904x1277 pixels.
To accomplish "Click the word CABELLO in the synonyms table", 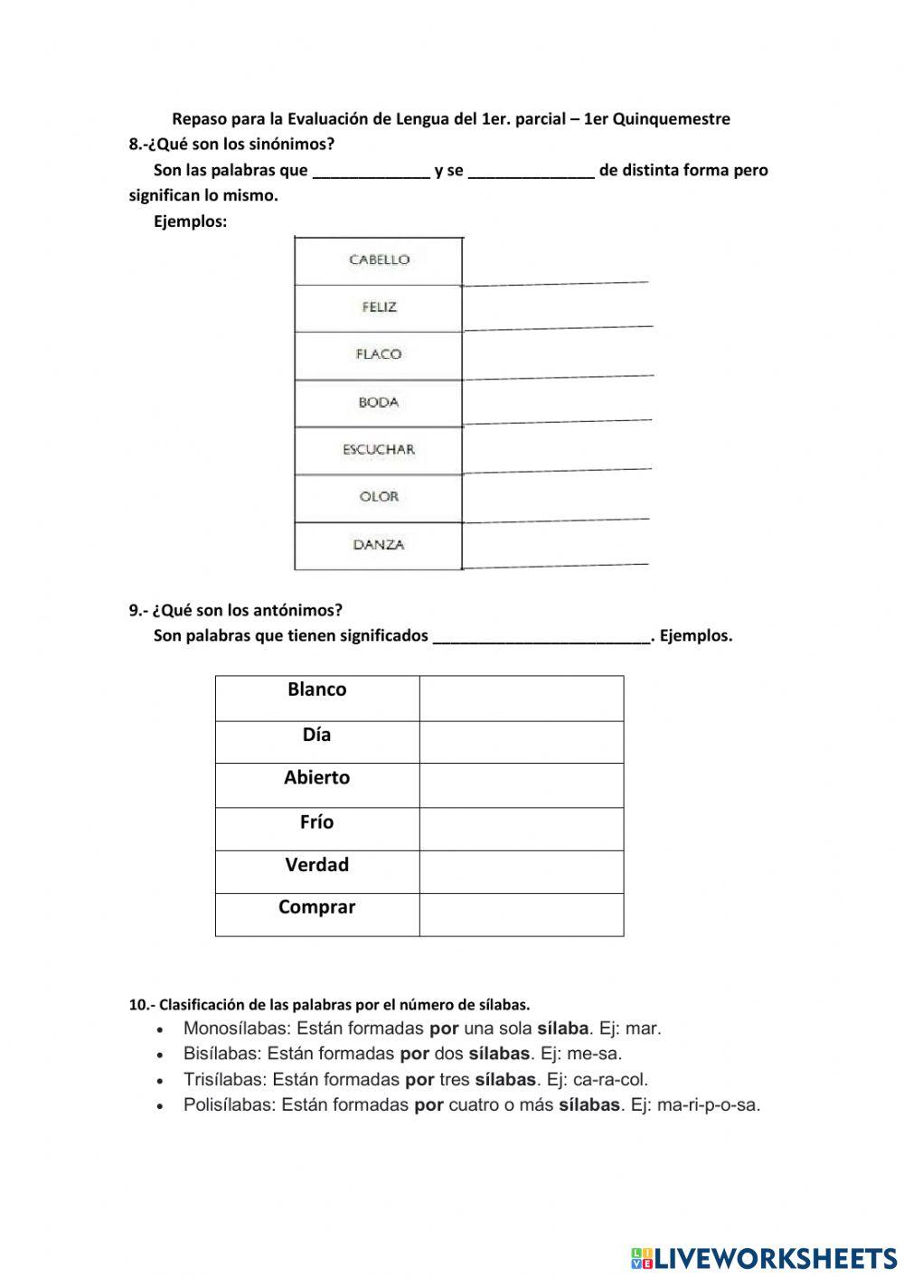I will point(379,260).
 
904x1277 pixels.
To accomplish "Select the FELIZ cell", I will point(379,307).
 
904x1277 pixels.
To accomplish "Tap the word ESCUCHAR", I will point(379,449).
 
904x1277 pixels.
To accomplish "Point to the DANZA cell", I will point(379,545).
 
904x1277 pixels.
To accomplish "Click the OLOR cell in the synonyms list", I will point(379,497).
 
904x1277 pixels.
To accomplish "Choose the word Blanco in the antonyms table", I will point(316,690).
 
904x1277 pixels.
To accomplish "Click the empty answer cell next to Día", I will point(522,741).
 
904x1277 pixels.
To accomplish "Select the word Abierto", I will point(316,777).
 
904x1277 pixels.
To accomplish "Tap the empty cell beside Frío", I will point(522,828).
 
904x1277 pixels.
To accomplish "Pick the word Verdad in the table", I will point(316,865).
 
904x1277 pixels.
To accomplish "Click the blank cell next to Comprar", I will point(522,914).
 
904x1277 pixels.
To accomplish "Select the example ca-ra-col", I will point(610,1080).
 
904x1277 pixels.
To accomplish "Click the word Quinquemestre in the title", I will point(671,119).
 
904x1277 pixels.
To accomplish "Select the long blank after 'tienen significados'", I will point(541,636).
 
